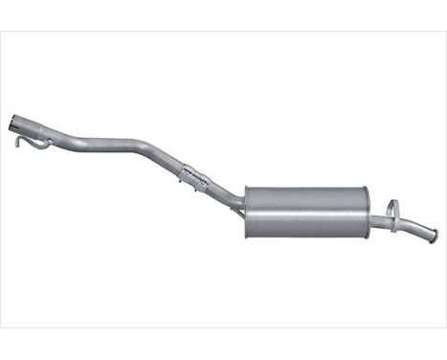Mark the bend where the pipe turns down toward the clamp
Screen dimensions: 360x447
coord(153,153)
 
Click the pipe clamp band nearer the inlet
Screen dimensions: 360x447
coord(186,173)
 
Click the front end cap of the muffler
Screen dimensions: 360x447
coord(248,211)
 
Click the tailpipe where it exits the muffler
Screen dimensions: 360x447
coord(377,221)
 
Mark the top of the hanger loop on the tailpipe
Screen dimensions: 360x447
coord(392,202)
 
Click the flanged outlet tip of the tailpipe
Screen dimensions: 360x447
coord(433,236)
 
